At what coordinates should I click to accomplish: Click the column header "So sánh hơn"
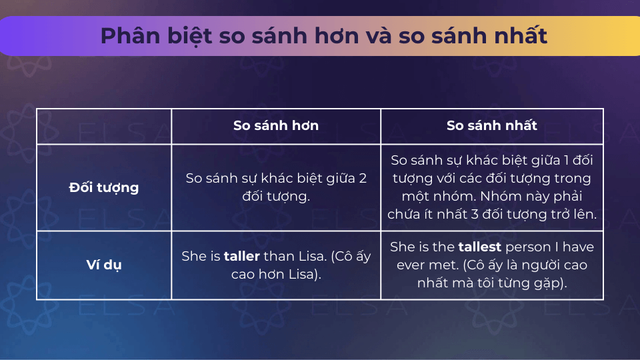[276, 125]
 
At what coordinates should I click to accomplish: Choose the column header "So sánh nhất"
[492, 125]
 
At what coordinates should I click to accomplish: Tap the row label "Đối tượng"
[104, 187]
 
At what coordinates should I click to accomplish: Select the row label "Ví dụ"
[104, 265]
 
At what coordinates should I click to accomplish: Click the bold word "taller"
[241, 256]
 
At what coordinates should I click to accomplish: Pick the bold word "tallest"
[479, 247]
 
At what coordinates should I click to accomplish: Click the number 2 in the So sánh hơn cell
[363, 179]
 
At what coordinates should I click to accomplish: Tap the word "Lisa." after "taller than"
[313, 256]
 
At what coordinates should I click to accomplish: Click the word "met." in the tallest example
[447, 265]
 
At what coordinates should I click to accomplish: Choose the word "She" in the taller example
[194, 256]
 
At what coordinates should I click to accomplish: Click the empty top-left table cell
[104, 126]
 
